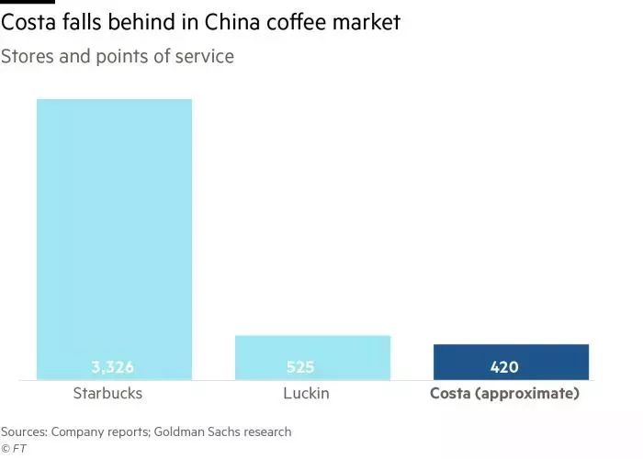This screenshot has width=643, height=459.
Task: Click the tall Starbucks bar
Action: (114, 229)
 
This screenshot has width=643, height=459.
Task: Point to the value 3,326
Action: (113, 367)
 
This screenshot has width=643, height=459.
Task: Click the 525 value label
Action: (300, 367)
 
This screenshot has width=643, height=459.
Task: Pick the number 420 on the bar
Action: (503, 367)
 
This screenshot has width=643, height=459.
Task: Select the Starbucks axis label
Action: (107, 394)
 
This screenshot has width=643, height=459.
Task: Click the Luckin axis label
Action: (306, 394)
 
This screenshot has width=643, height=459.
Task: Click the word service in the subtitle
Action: (204, 57)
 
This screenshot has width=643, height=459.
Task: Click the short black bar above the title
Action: (21, 3)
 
